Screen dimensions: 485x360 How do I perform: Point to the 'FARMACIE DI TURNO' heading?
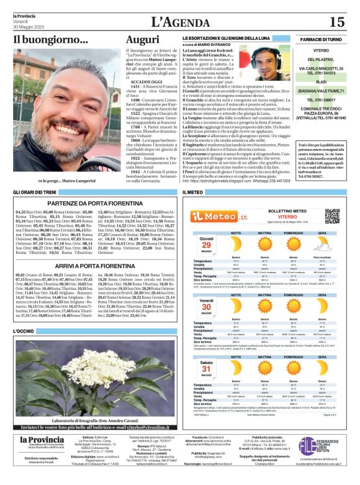(x=321, y=39)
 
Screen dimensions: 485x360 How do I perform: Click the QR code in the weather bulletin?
(x=333, y=216)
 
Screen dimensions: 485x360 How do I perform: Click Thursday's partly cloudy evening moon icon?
(x=322, y=245)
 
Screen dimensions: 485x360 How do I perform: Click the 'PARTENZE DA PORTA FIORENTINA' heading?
(x=94, y=203)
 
